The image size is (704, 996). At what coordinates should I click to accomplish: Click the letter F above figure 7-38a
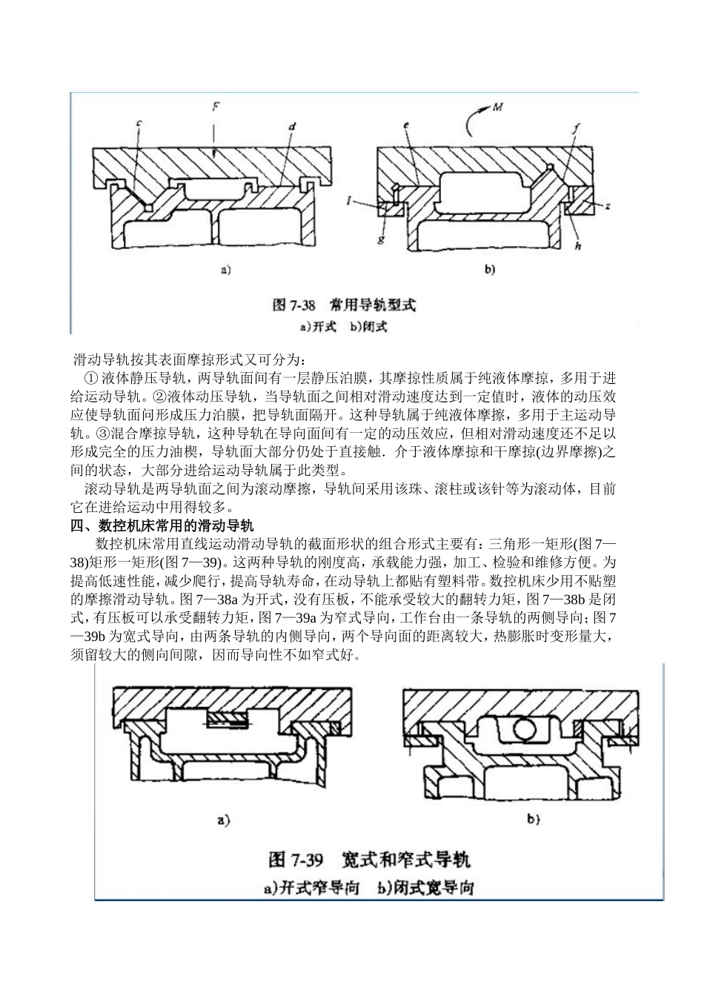(215, 107)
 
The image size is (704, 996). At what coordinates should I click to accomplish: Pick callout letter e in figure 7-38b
(407, 126)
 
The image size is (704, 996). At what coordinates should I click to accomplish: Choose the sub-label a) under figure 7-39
(223, 819)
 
